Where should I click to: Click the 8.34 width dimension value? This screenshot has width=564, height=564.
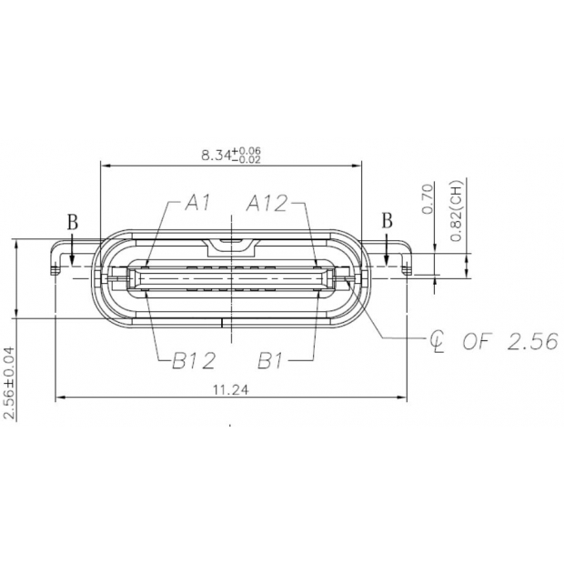(x=216, y=155)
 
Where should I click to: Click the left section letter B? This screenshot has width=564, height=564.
(x=72, y=221)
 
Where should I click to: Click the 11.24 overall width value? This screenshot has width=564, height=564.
(x=231, y=390)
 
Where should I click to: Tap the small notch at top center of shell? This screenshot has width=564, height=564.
(x=231, y=244)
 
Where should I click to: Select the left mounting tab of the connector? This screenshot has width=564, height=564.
(x=62, y=257)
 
